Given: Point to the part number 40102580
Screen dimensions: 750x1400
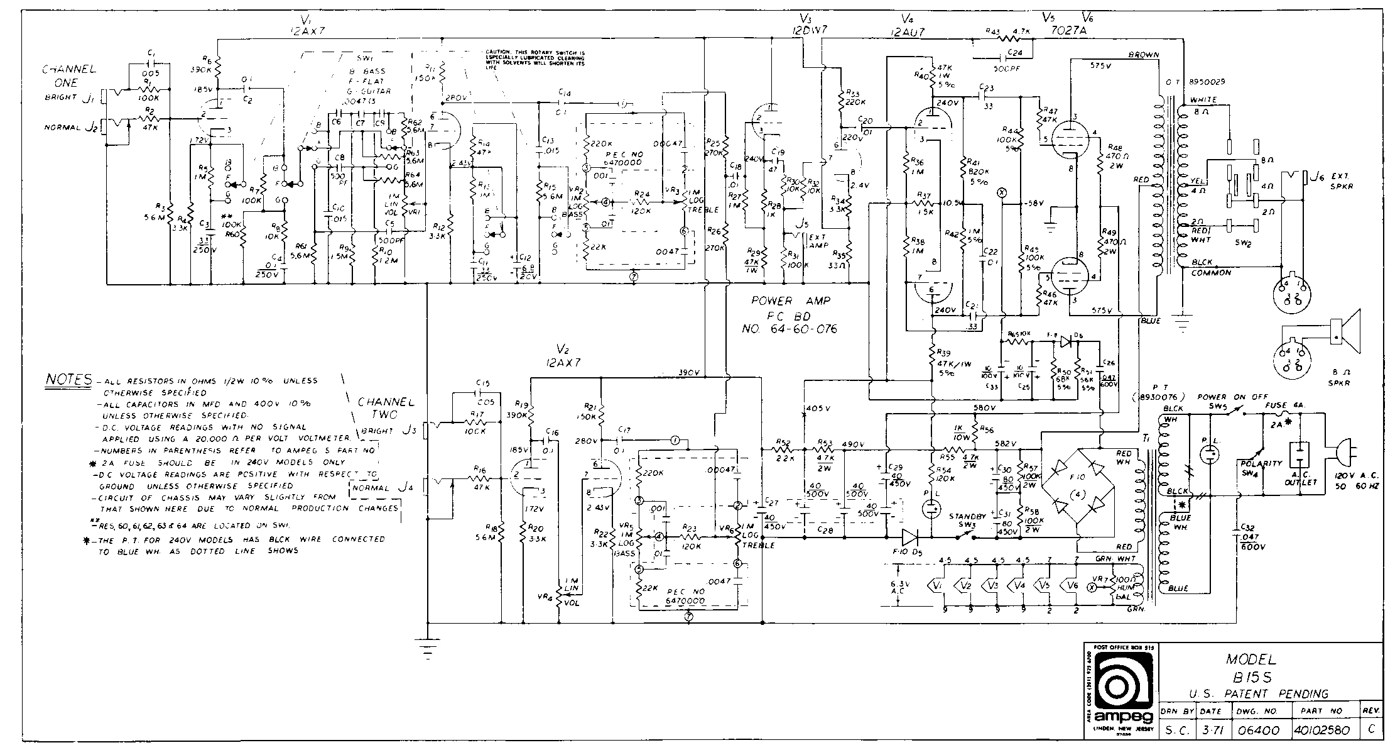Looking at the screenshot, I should point(1321,731).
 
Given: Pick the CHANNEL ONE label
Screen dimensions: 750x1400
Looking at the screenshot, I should point(69,75).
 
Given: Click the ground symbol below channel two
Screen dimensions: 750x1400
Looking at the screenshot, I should point(427,648).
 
